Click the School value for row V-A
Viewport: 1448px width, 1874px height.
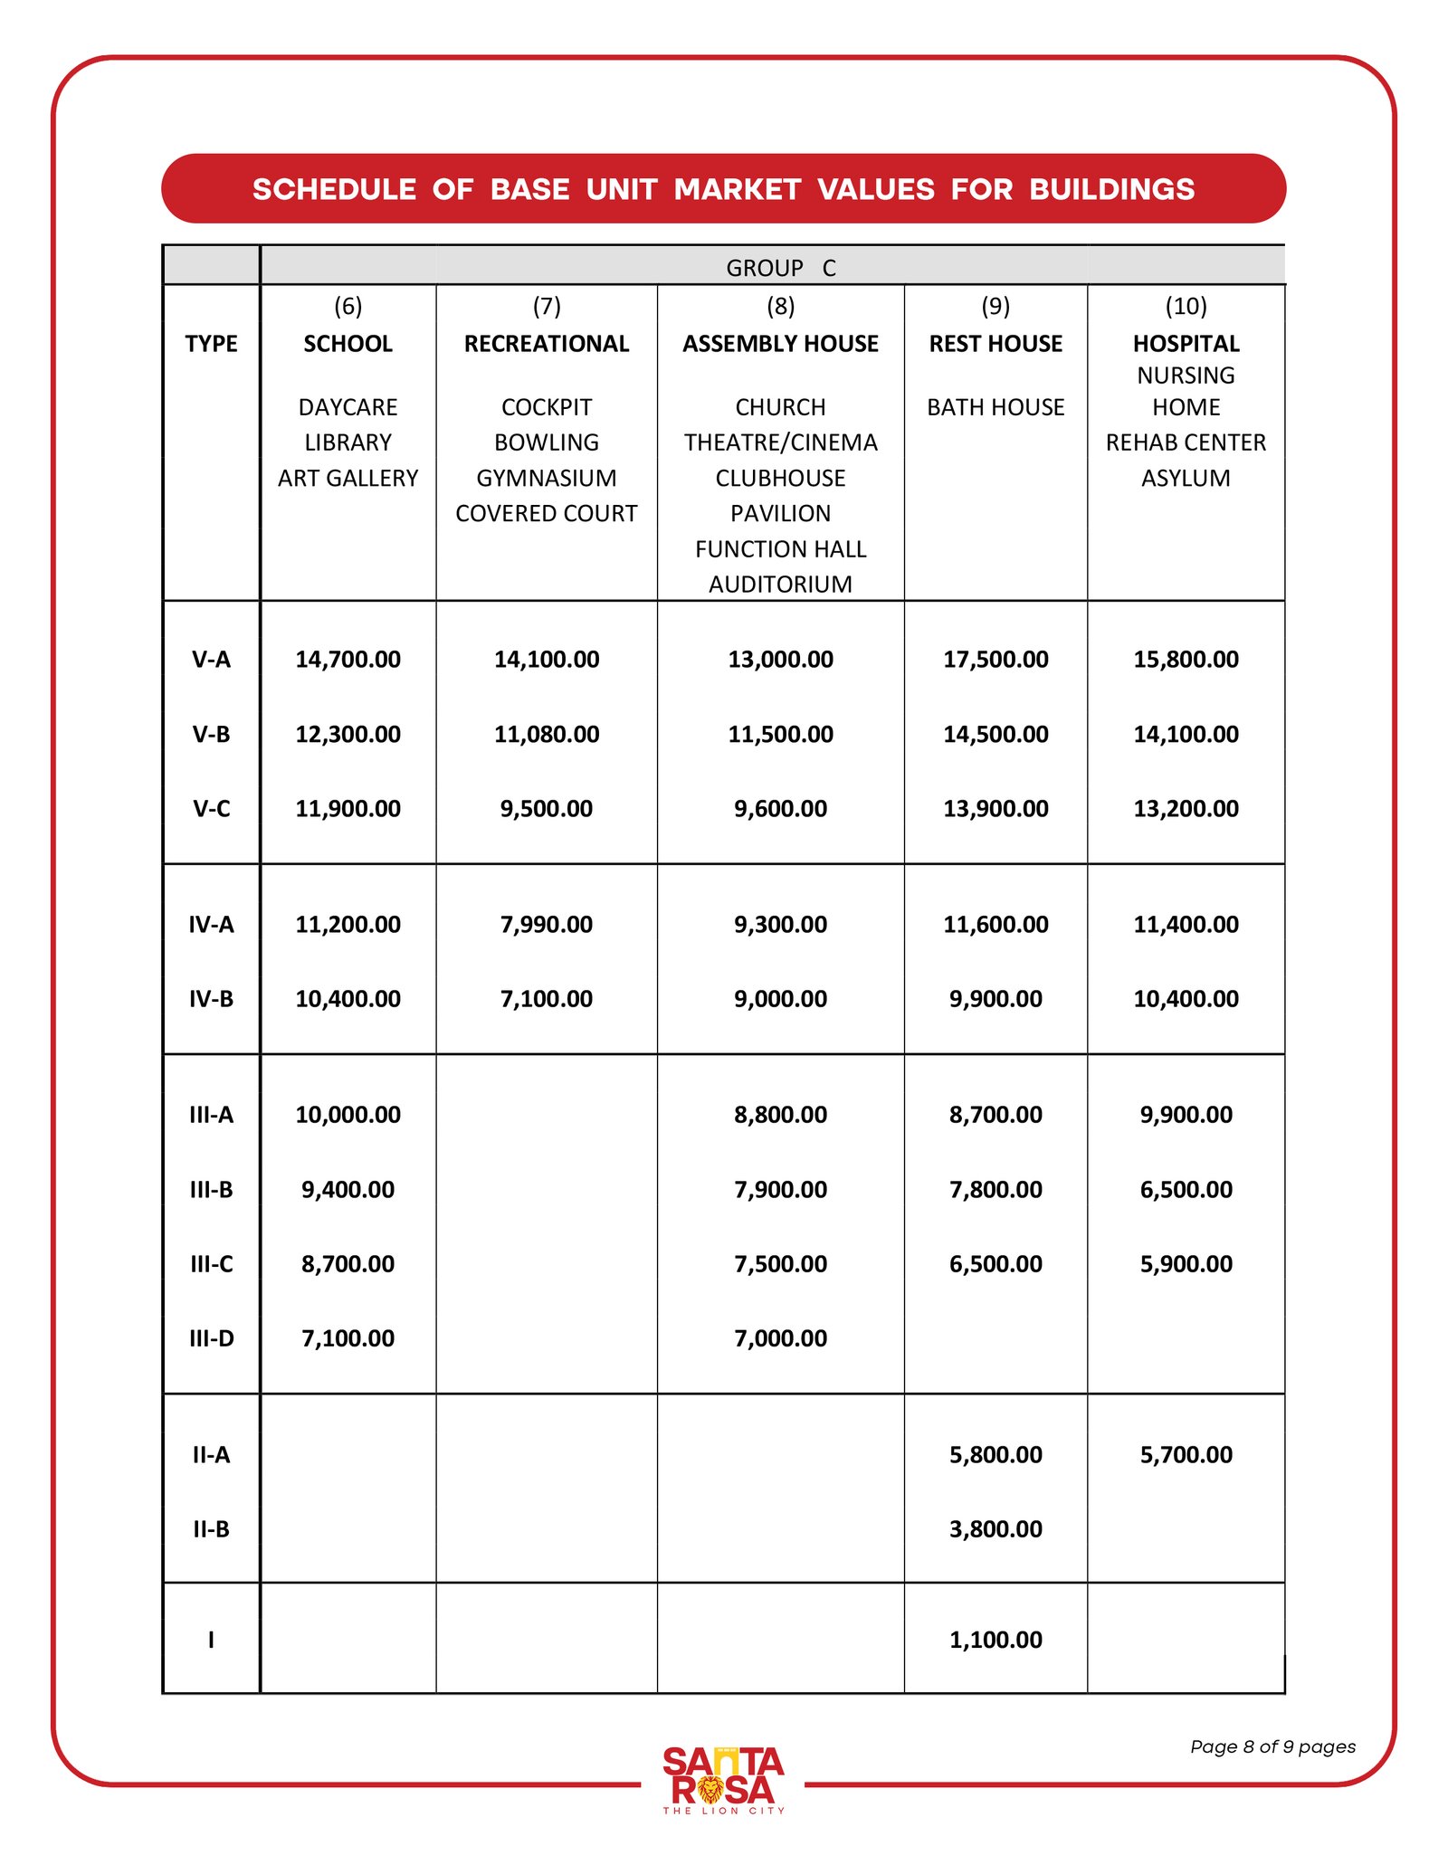(348, 660)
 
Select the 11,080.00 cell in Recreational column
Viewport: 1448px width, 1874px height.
(546, 734)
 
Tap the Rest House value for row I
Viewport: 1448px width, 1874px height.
(995, 1640)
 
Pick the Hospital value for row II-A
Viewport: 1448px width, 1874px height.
(1186, 1455)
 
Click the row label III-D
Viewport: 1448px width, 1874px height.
(211, 1338)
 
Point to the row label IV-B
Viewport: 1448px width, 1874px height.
(211, 999)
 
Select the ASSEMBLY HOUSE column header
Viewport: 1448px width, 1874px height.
(780, 344)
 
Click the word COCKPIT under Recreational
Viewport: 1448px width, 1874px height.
(546, 407)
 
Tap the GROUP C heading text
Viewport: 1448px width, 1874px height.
(780, 268)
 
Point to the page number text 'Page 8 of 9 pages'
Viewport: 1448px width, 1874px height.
(1272, 1746)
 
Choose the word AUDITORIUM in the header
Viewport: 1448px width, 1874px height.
(780, 585)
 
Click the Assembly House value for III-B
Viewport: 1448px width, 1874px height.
(780, 1190)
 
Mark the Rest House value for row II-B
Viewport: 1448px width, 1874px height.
(995, 1529)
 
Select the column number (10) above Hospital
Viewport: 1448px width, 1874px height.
(1186, 306)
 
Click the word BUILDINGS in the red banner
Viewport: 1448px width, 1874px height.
(1111, 189)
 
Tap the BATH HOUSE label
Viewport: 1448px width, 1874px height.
(995, 407)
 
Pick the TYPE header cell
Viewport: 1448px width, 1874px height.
(211, 344)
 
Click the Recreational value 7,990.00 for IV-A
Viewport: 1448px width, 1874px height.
(546, 925)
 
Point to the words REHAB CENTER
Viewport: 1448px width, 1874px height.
(1186, 442)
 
